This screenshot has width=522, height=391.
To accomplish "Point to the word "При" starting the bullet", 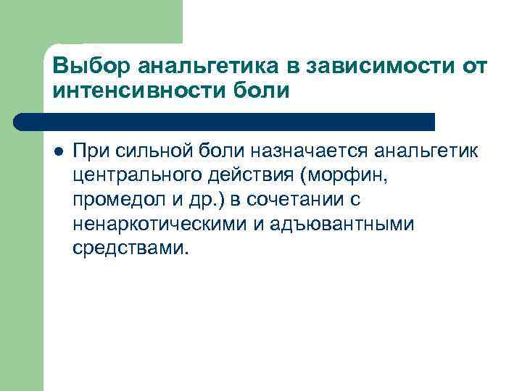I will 89,151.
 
